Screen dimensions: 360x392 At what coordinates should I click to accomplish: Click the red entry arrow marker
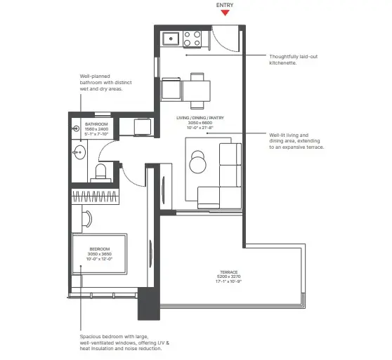[225, 13]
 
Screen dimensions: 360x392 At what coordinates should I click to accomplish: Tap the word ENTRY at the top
[225, 4]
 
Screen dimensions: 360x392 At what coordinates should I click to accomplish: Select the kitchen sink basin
[170, 39]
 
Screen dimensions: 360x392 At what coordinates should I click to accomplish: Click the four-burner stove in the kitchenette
[192, 39]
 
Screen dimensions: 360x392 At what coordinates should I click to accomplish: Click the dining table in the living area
[197, 91]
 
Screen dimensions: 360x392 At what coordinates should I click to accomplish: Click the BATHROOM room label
[87, 124]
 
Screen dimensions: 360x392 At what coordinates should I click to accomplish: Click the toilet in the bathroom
[99, 172]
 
